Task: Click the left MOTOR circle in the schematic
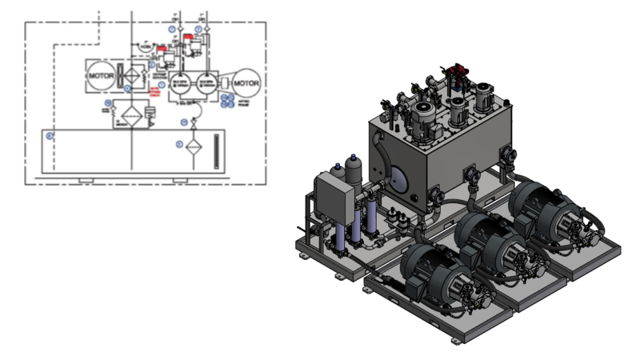[102, 74]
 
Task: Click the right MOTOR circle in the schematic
[246, 82]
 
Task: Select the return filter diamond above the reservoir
[128, 117]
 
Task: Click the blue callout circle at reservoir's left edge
[50, 135]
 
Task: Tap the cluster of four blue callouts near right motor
[228, 101]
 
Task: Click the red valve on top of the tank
[458, 76]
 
